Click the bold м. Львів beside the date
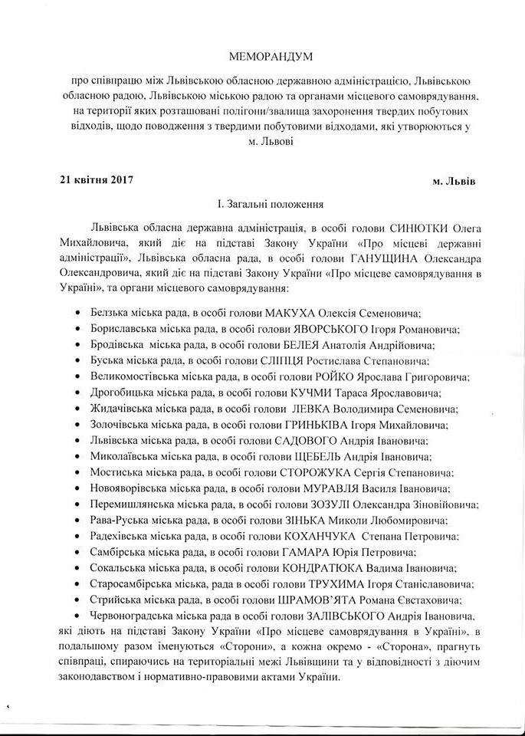click(453, 182)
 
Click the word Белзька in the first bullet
click(112, 314)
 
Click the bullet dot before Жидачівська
click(80, 409)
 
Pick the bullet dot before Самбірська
click(80, 553)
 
